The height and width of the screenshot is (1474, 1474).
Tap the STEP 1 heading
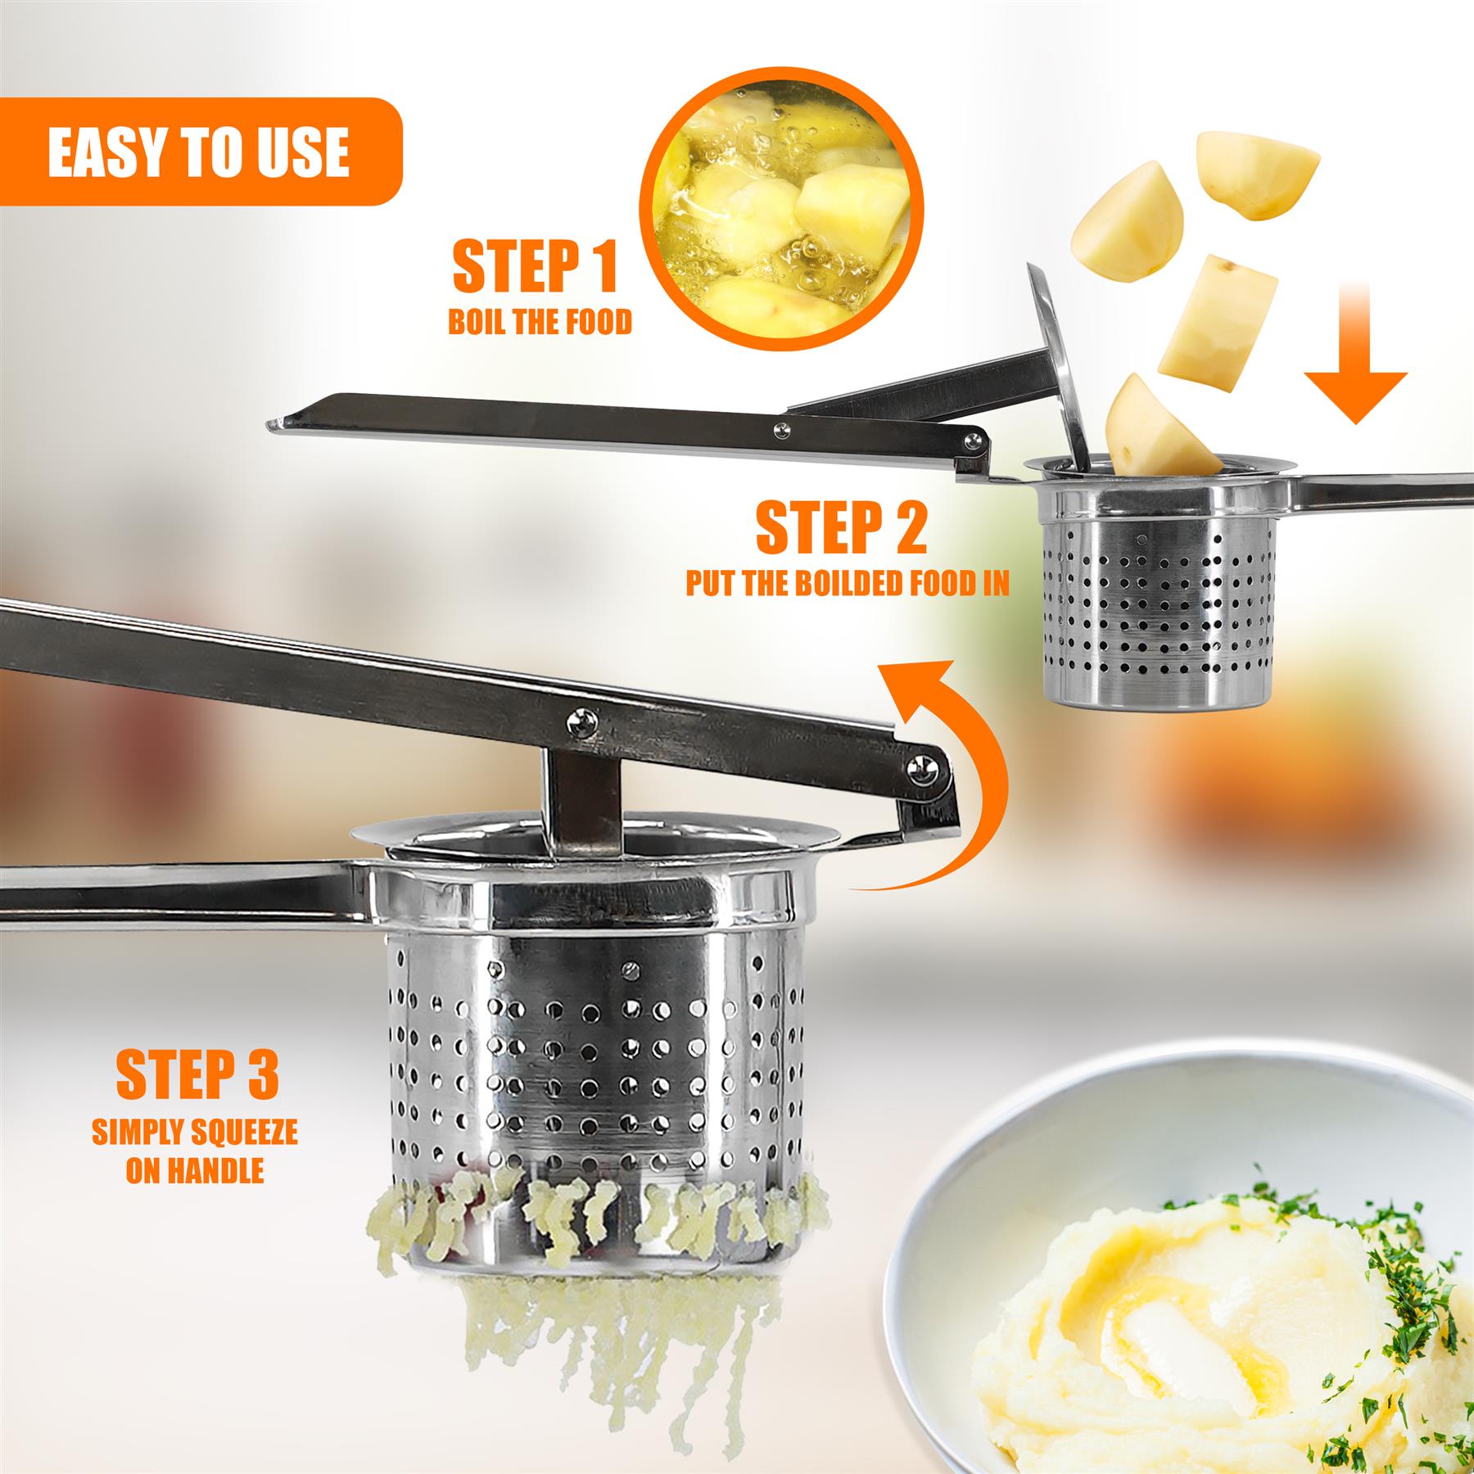tap(535, 266)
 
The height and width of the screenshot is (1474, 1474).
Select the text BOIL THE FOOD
tap(540, 323)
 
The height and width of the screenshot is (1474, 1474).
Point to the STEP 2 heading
tap(842, 528)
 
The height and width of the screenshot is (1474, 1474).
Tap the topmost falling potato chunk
tap(1257, 174)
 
